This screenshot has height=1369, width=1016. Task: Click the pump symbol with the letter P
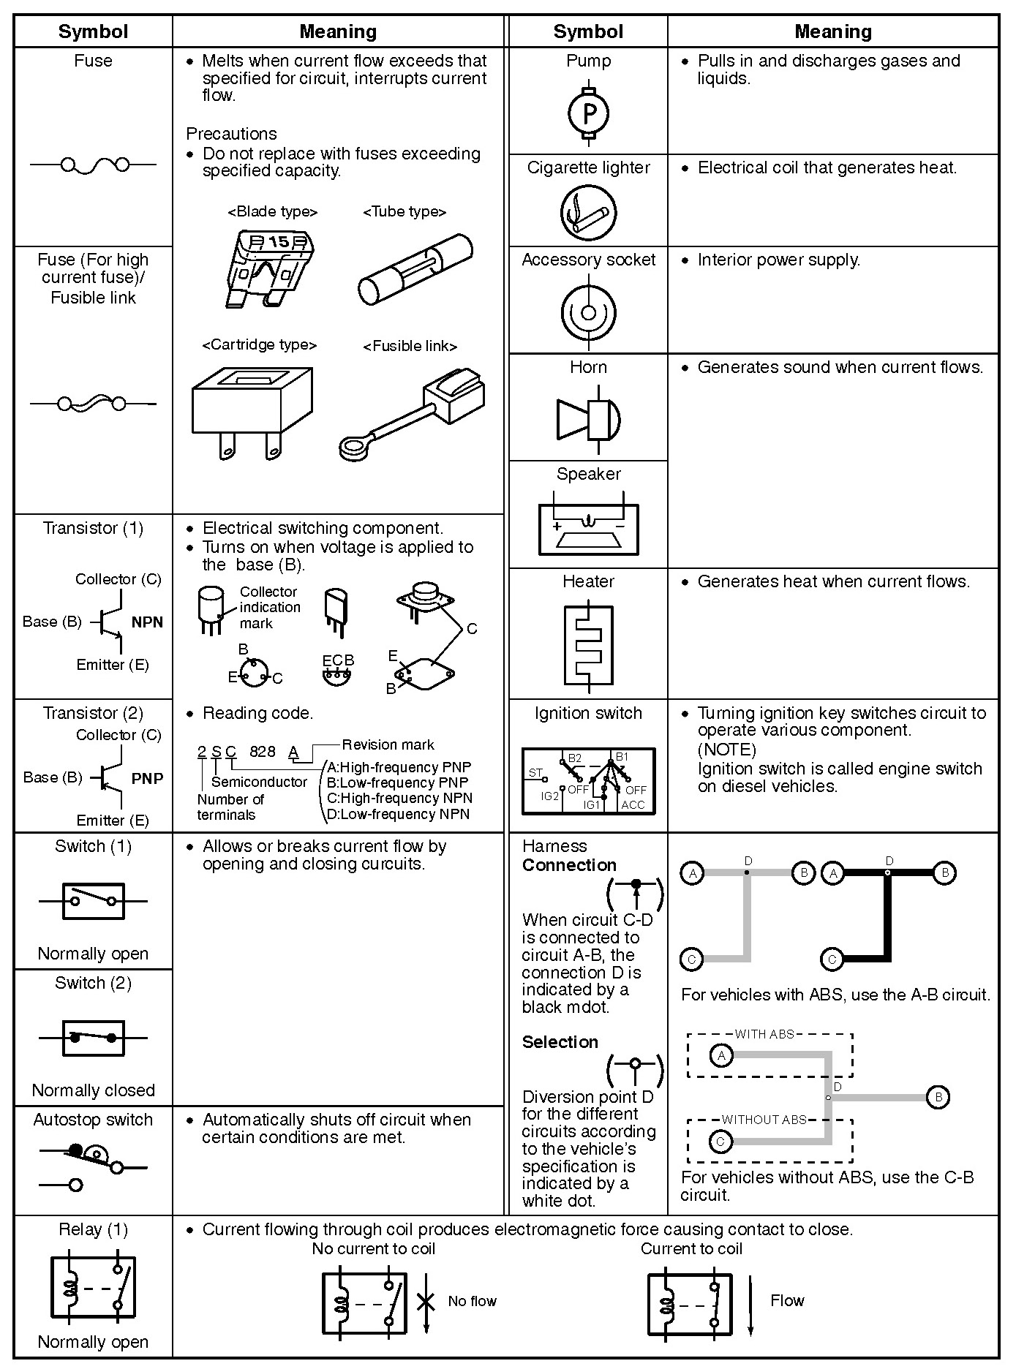tap(588, 113)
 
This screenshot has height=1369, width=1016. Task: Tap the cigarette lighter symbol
tap(588, 212)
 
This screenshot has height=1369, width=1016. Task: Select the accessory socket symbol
tap(588, 313)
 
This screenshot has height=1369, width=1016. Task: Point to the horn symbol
tap(589, 419)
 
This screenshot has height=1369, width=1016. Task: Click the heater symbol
tap(588, 643)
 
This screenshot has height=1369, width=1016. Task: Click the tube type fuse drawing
tap(414, 275)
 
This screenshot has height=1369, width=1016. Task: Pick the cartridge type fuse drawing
tap(252, 410)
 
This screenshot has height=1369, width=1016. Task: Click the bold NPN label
tap(147, 622)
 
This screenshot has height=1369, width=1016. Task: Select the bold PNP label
tap(147, 778)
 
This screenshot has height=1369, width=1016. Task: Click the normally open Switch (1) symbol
tap(93, 901)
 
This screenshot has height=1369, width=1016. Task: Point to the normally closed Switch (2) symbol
tap(93, 1038)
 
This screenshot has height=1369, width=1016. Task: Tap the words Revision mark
tap(388, 744)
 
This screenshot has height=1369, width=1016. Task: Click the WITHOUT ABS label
tap(764, 1120)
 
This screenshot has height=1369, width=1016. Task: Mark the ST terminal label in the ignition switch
tap(535, 772)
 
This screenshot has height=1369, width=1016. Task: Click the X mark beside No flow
tap(426, 1301)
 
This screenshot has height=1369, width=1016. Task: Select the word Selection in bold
tap(560, 1042)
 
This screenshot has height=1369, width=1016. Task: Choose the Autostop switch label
tap(93, 1120)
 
